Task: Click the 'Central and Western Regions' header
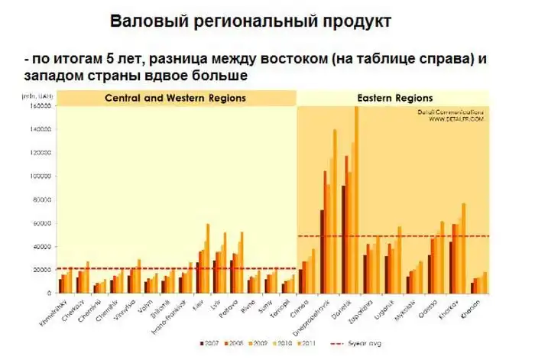pyautogui.click(x=174, y=98)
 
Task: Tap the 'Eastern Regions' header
pyautogui.click(x=395, y=98)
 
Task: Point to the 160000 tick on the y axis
pyautogui.click(x=40, y=106)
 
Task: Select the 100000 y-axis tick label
pyautogui.click(x=40, y=177)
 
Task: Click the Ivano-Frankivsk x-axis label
pyautogui.click(x=170, y=313)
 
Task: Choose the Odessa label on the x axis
pyautogui.click(x=429, y=306)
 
